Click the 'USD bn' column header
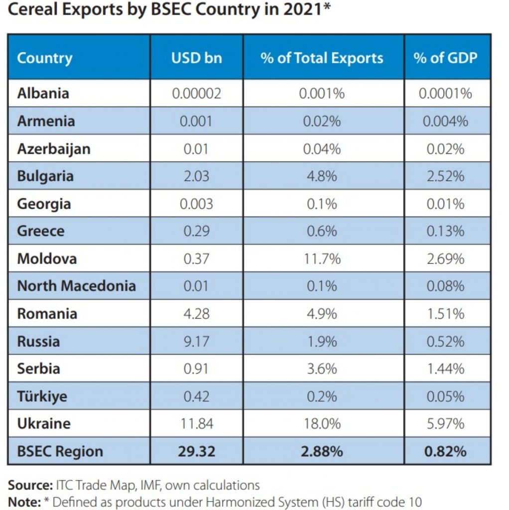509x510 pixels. coord(196,58)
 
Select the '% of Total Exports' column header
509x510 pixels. coord(322,58)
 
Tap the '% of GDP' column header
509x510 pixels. coord(445,58)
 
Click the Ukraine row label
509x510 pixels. coord(44,424)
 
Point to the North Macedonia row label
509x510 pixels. coord(76,286)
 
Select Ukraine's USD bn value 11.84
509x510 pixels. coord(196,424)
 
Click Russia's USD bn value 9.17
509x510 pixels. coord(196,341)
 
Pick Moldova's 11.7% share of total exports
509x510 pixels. coord(322,258)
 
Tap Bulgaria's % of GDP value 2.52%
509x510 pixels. coord(445,176)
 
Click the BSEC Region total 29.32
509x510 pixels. coord(196,452)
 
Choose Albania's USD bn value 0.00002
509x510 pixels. coord(196,94)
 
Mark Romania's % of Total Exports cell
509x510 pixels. coord(322,314)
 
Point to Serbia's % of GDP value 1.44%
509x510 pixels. coord(445,369)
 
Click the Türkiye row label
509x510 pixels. coord(42,396)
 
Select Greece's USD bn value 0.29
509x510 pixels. coord(196,231)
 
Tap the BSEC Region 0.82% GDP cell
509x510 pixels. coord(445,452)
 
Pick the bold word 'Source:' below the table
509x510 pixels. coord(30,485)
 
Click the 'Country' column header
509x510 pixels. coord(44,58)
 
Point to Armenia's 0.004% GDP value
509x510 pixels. coord(445,121)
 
